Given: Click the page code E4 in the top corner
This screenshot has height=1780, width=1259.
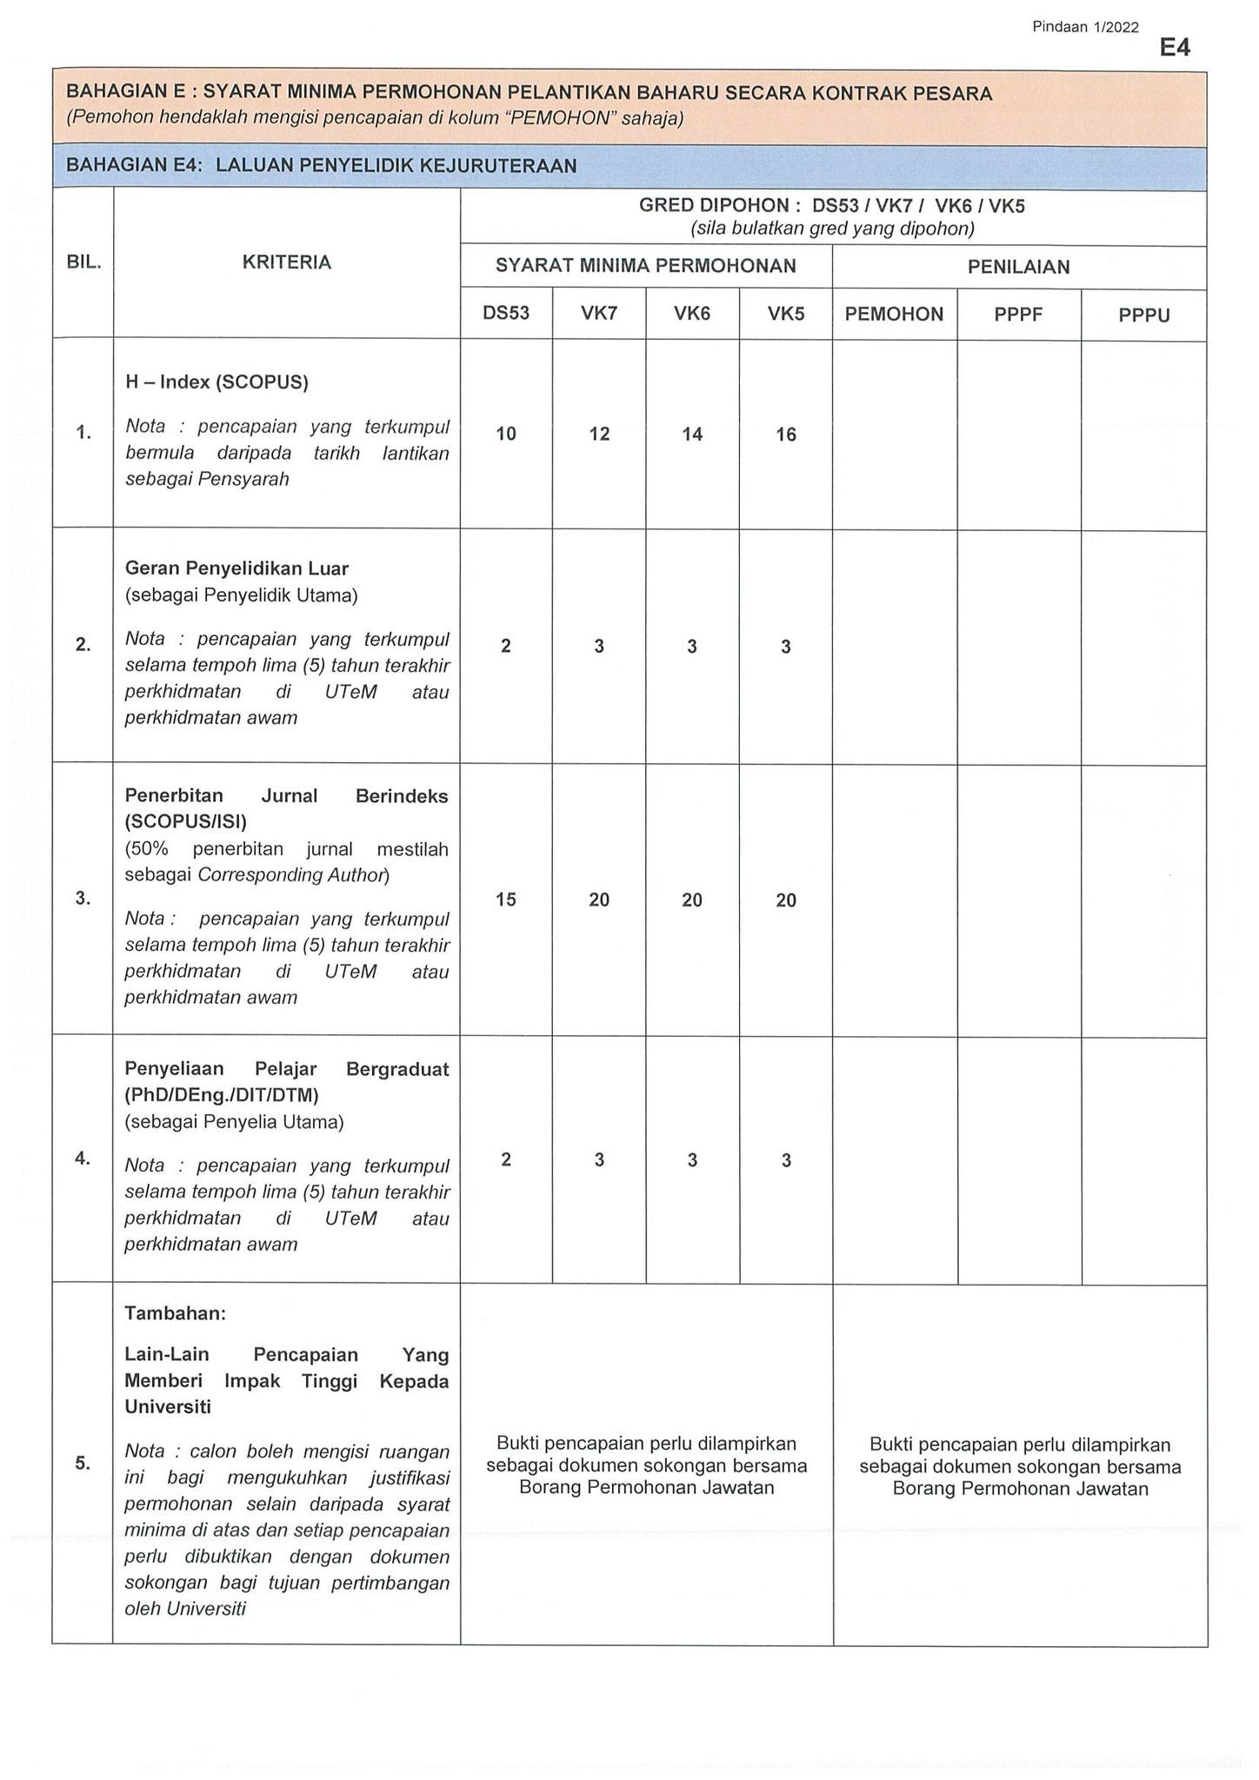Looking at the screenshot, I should click(1174, 48).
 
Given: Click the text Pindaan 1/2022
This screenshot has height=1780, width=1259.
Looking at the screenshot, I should click(1085, 27).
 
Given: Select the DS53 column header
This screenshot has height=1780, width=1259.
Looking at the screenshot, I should click(506, 313).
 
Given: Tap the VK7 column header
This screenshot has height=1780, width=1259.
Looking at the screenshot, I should click(599, 313).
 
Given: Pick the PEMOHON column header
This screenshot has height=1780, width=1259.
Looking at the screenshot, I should click(894, 314).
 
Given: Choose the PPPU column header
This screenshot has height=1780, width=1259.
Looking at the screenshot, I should click(1144, 315).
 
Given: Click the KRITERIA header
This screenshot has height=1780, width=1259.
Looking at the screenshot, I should click(287, 262).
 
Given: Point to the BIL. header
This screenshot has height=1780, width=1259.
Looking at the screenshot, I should click(83, 262).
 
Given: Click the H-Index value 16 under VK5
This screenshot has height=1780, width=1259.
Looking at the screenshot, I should click(786, 435).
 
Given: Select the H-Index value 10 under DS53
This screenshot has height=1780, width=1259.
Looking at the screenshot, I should click(506, 434).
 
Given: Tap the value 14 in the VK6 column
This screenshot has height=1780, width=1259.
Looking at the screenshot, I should click(692, 434).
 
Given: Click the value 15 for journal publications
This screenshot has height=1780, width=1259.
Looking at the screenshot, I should click(506, 900).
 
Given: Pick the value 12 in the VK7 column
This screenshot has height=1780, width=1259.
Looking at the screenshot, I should click(599, 434).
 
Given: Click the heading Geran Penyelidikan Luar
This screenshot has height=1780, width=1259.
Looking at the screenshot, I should click(236, 568).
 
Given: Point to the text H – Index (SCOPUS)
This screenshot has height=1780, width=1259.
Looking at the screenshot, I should click(216, 382).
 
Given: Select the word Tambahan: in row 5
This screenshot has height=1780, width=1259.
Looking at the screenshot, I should click(175, 1313).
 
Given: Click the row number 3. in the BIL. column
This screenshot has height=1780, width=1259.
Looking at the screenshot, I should click(83, 899).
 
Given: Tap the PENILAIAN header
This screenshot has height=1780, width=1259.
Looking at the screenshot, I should click(1019, 267).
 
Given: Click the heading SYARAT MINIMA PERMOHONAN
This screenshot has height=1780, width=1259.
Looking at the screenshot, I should click(646, 266).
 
